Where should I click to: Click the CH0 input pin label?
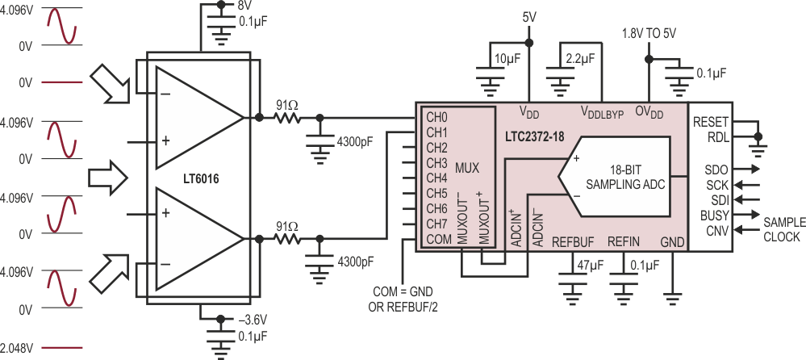click(x=436, y=119)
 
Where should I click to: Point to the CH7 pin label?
click(x=436, y=223)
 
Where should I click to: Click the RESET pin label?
click(x=710, y=122)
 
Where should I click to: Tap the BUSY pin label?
click(x=713, y=216)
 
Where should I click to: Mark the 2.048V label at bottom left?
click(x=17, y=348)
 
